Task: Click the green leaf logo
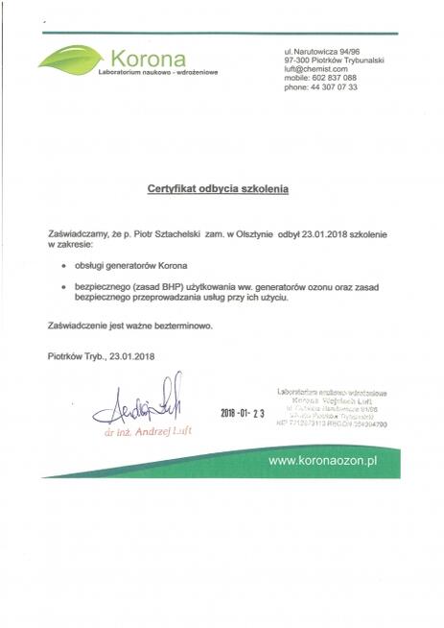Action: click(x=72, y=60)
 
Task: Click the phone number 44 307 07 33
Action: click(x=332, y=86)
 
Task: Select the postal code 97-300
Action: click(x=299, y=60)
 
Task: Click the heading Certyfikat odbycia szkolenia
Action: click(x=217, y=189)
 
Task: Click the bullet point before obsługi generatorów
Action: click(x=63, y=264)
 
